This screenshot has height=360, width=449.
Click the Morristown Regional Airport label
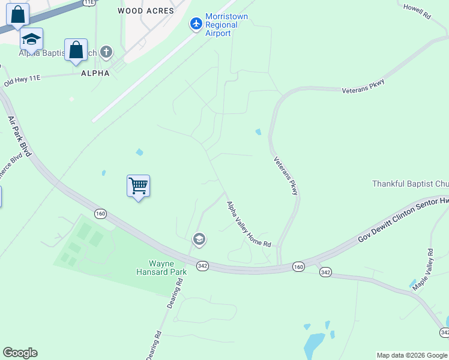pyautogui.click(x=226, y=25)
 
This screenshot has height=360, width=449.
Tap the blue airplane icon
pyautogui.click(x=196, y=24)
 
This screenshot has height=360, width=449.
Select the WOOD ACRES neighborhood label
pyautogui.click(x=146, y=11)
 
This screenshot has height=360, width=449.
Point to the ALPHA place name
pyautogui.click(x=95, y=73)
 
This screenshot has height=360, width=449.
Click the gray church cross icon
pyautogui.click(x=106, y=52)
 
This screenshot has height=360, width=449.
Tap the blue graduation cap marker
pyautogui.click(x=31, y=40)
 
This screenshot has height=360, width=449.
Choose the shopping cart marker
pyautogui.click(x=138, y=186)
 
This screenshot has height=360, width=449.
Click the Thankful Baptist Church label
pyautogui.click(x=411, y=184)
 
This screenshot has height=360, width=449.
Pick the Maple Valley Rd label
pyautogui.click(x=422, y=270)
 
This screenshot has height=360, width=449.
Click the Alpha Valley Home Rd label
pyautogui.click(x=249, y=224)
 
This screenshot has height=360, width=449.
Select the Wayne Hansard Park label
pyautogui.click(x=167, y=268)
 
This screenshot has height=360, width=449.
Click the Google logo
pyautogui.click(x=20, y=353)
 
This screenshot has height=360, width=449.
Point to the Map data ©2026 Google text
pyautogui.click(x=411, y=355)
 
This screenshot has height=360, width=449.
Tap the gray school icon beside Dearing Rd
pyautogui.click(x=199, y=241)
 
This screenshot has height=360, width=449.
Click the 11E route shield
pyautogui.click(x=89, y=2)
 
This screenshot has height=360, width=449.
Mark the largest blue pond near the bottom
pyautogui.click(x=314, y=345)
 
